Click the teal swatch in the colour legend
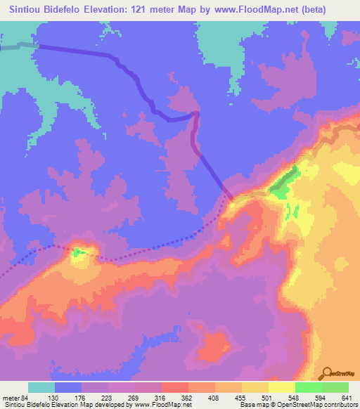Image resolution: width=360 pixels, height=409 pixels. tap(41, 387)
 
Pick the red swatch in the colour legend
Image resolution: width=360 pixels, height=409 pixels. tap(174, 387)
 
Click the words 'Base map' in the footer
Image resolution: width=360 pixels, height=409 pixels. tap(250, 405)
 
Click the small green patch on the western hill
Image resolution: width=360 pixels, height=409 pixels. tap(79, 251)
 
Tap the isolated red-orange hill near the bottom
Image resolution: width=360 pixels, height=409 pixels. tap(214, 346)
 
